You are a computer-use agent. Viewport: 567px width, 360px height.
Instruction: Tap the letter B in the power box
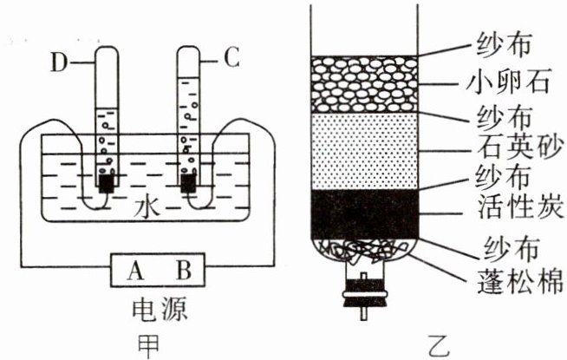(183, 272)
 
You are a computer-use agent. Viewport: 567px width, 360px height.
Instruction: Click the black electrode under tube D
(107, 185)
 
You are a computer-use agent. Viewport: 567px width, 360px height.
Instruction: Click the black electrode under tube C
(188, 183)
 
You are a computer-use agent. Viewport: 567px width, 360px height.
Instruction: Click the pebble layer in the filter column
(365, 85)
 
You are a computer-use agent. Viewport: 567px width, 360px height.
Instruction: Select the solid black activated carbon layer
(365, 213)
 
